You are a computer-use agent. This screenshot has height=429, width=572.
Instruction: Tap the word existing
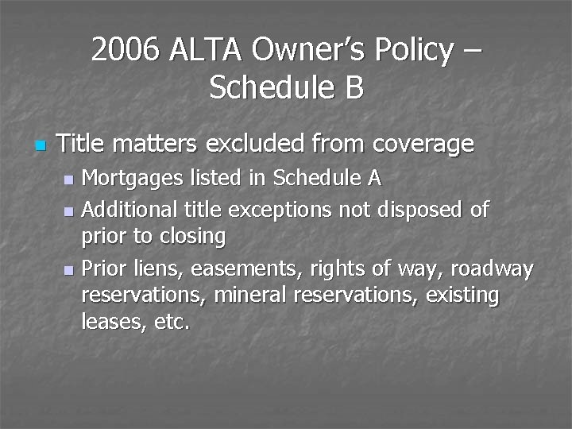point(462,296)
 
